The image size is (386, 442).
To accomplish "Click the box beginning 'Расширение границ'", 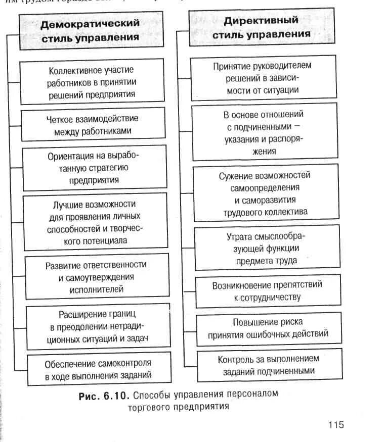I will click(96, 326).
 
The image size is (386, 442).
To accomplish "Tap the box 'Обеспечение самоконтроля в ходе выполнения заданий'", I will click(98, 369).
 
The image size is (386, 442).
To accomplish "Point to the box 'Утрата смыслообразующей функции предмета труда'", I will click(266, 248).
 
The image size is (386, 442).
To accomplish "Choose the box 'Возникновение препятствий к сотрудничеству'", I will click(267, 291).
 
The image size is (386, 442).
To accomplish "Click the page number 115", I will click(335, 424).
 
